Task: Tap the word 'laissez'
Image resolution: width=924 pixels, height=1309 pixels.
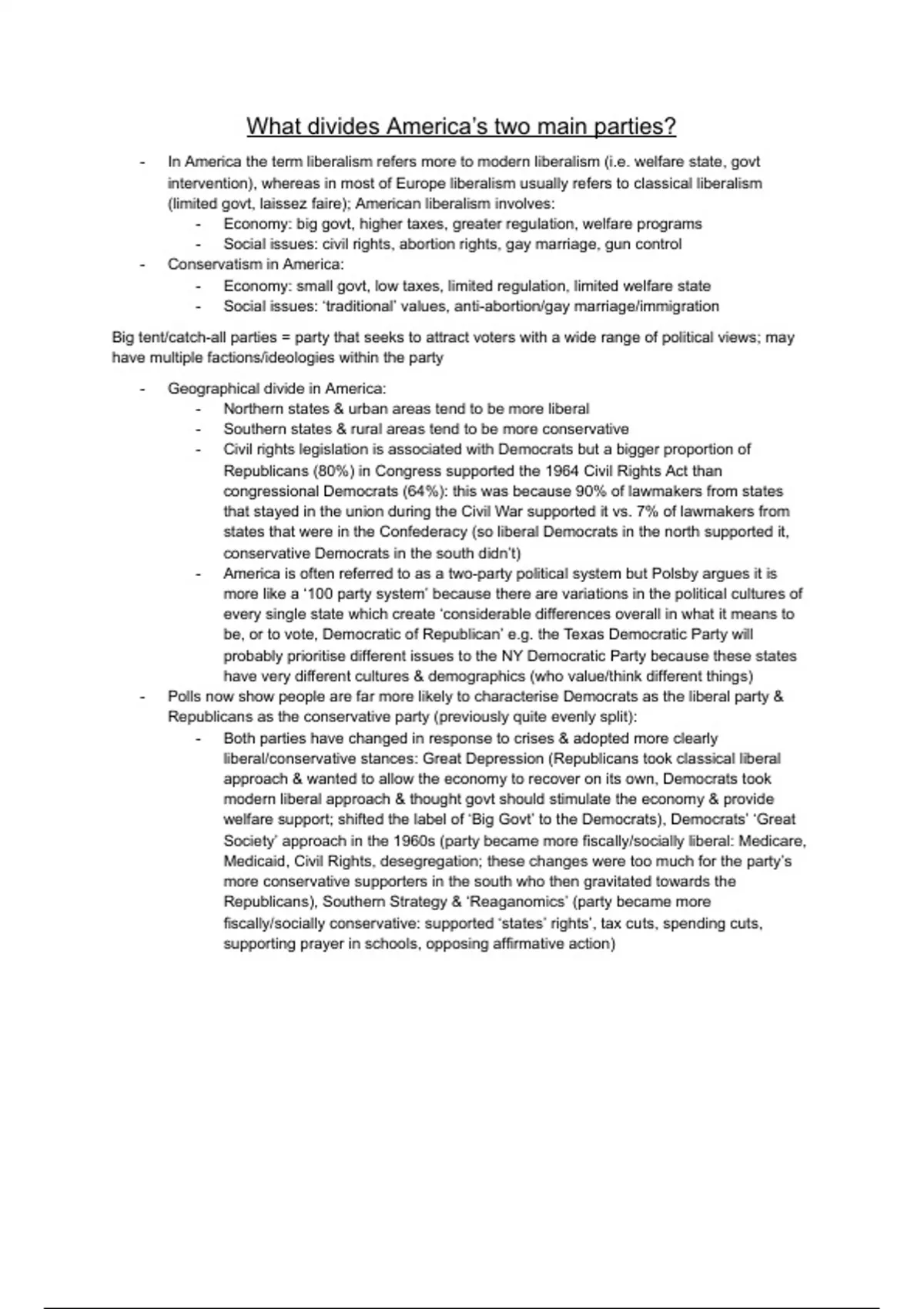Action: [x=282, y=204]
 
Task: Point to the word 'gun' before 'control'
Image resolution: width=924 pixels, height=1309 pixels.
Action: [x=618, y=244]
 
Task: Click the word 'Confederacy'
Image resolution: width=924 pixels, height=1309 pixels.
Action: [x=420, y=532]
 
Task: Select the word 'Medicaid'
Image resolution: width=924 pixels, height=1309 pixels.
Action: [x=255, y=862]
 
